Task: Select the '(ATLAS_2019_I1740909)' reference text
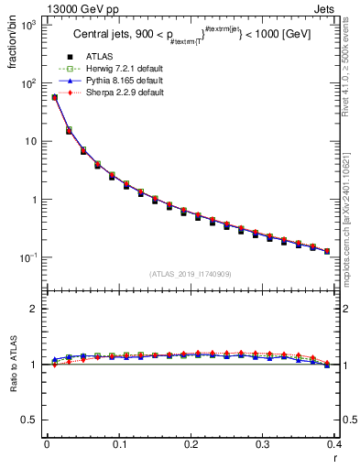coord(191,274)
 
